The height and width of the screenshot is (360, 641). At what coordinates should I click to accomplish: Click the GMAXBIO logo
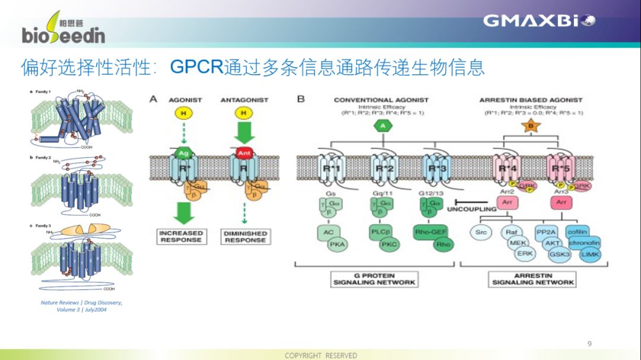(539, 21)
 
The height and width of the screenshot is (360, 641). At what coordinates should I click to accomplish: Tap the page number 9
(589, 343)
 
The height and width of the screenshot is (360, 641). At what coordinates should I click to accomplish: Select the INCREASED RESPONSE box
(180, 237)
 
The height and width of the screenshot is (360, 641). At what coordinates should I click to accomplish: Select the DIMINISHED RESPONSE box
(245, 237)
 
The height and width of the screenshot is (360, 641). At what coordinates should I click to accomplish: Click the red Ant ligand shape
(242, 153)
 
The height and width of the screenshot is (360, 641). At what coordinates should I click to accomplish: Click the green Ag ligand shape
(183, 153)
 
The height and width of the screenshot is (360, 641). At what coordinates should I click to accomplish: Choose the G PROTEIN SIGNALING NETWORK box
(374, 279)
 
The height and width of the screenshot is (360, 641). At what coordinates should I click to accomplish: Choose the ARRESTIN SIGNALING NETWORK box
(533, 279)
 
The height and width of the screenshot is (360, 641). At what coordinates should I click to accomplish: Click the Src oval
(481, 232)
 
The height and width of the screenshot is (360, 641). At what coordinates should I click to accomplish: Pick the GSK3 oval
(560, 253)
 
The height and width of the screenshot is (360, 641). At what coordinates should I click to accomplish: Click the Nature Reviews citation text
(82, 305)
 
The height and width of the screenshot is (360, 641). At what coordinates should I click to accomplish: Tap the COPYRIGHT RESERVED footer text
(320, 355)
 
